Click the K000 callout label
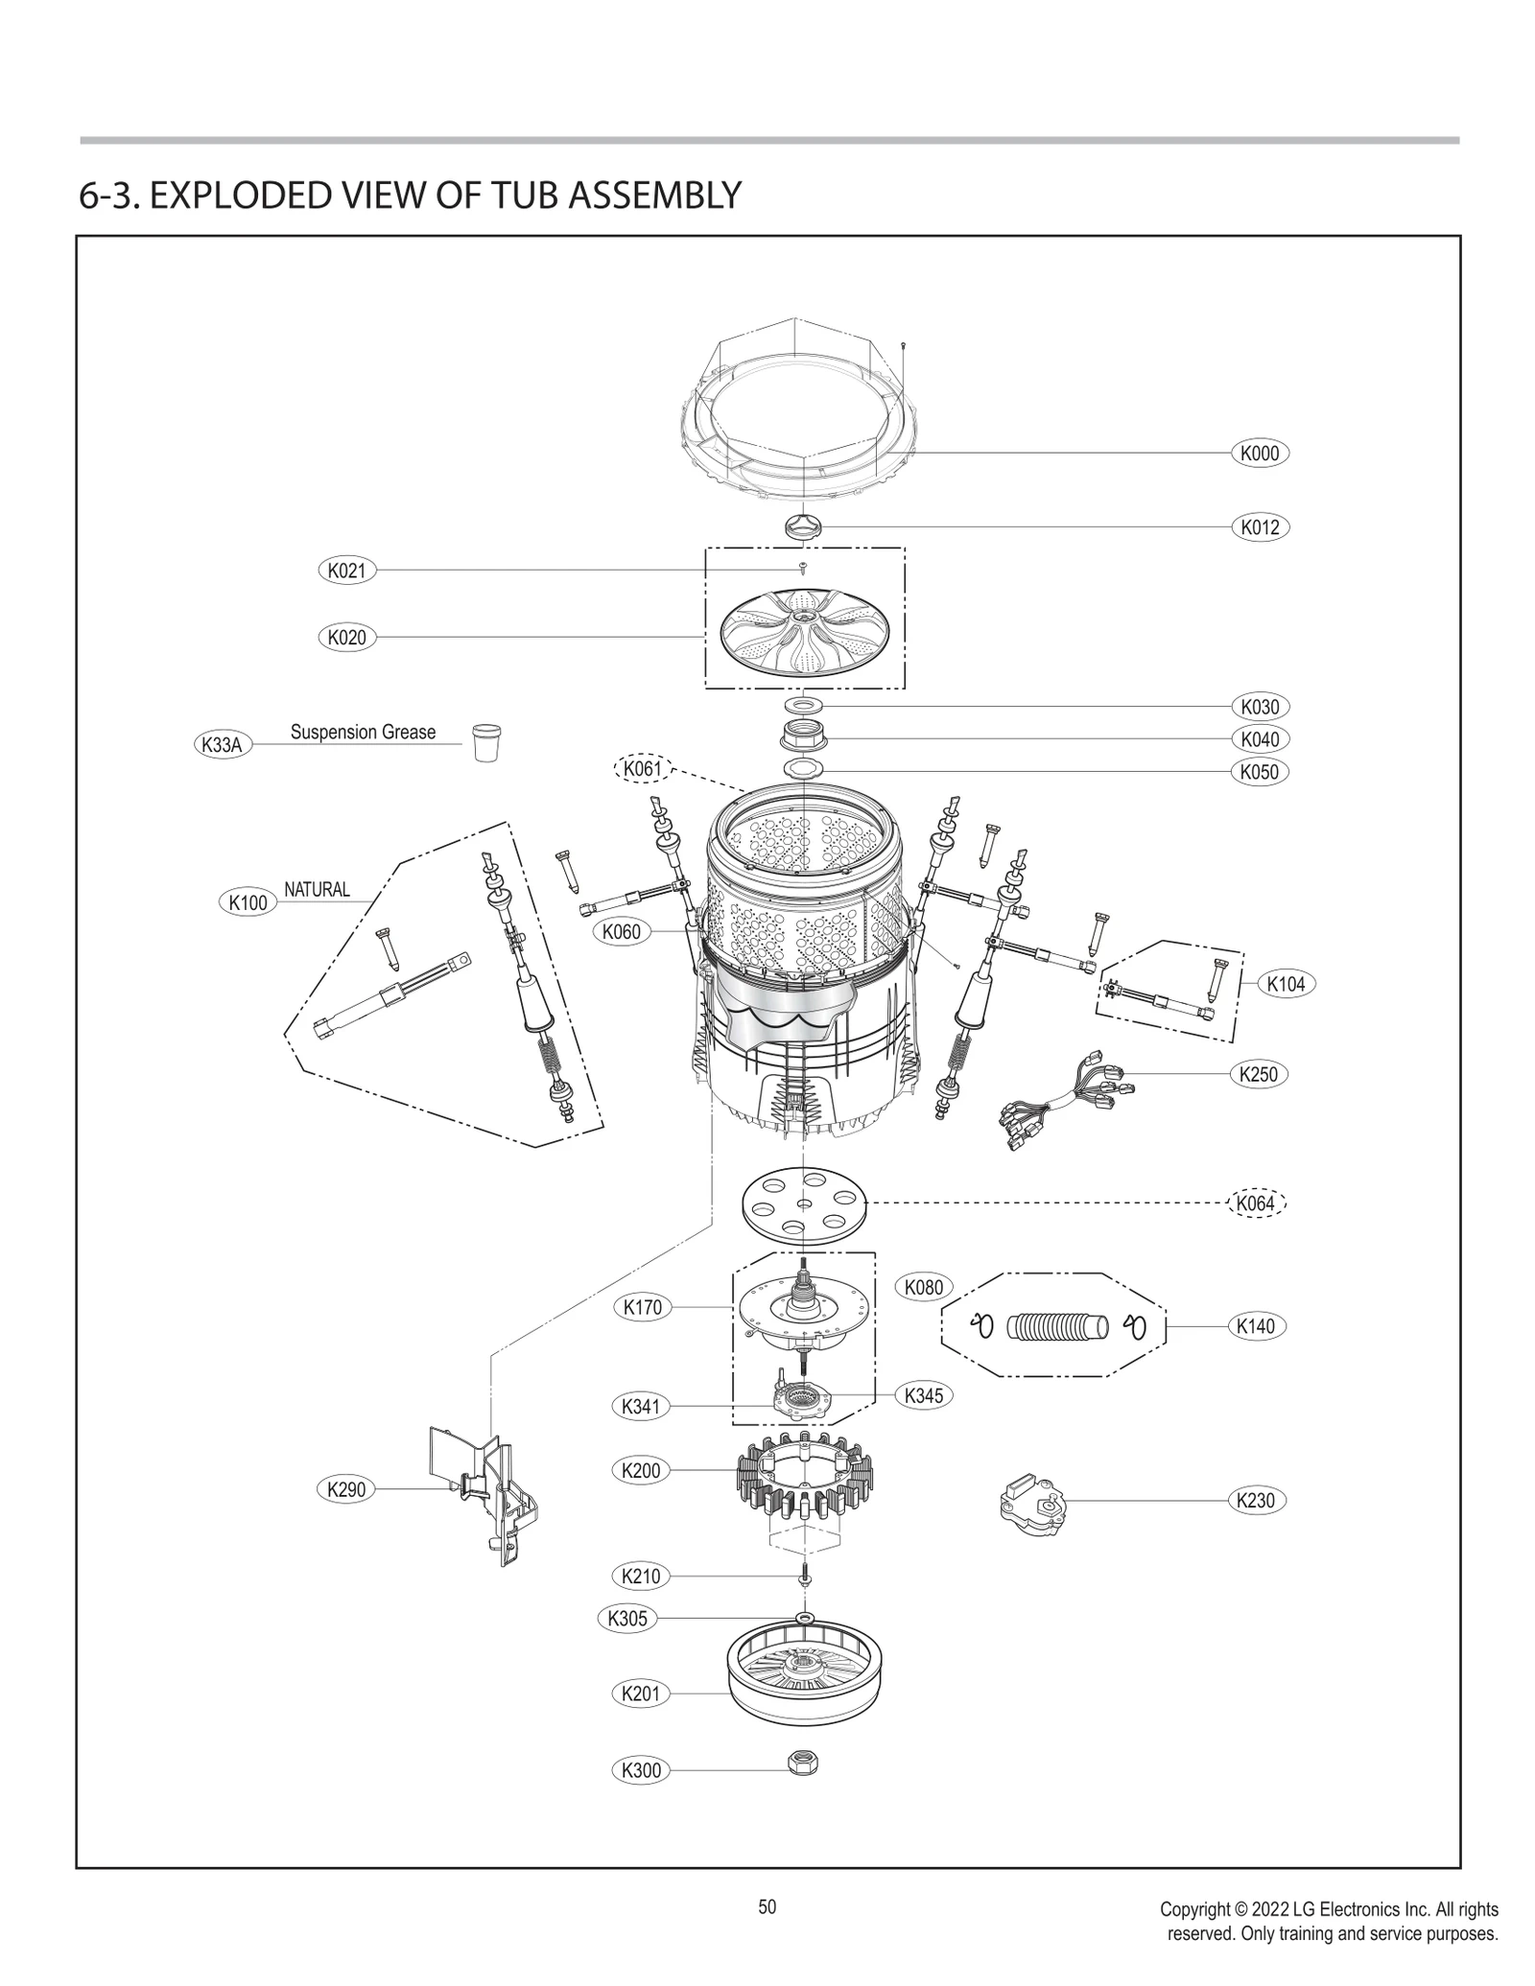coord(1259,454)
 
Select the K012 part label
coord(1259,527)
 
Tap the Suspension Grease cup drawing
coord(486,742)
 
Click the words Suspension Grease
coord(363,733)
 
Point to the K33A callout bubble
coord(223,745)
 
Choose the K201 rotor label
coord(640,1694)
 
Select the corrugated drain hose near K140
coord(1057,1327)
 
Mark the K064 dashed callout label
coord(1256,1203)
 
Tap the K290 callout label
coord(346,1489)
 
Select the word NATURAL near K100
coord(317,890)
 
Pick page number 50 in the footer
coord(767,1907)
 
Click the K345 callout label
coord(924,1395)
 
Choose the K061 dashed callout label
coord(642,769)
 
